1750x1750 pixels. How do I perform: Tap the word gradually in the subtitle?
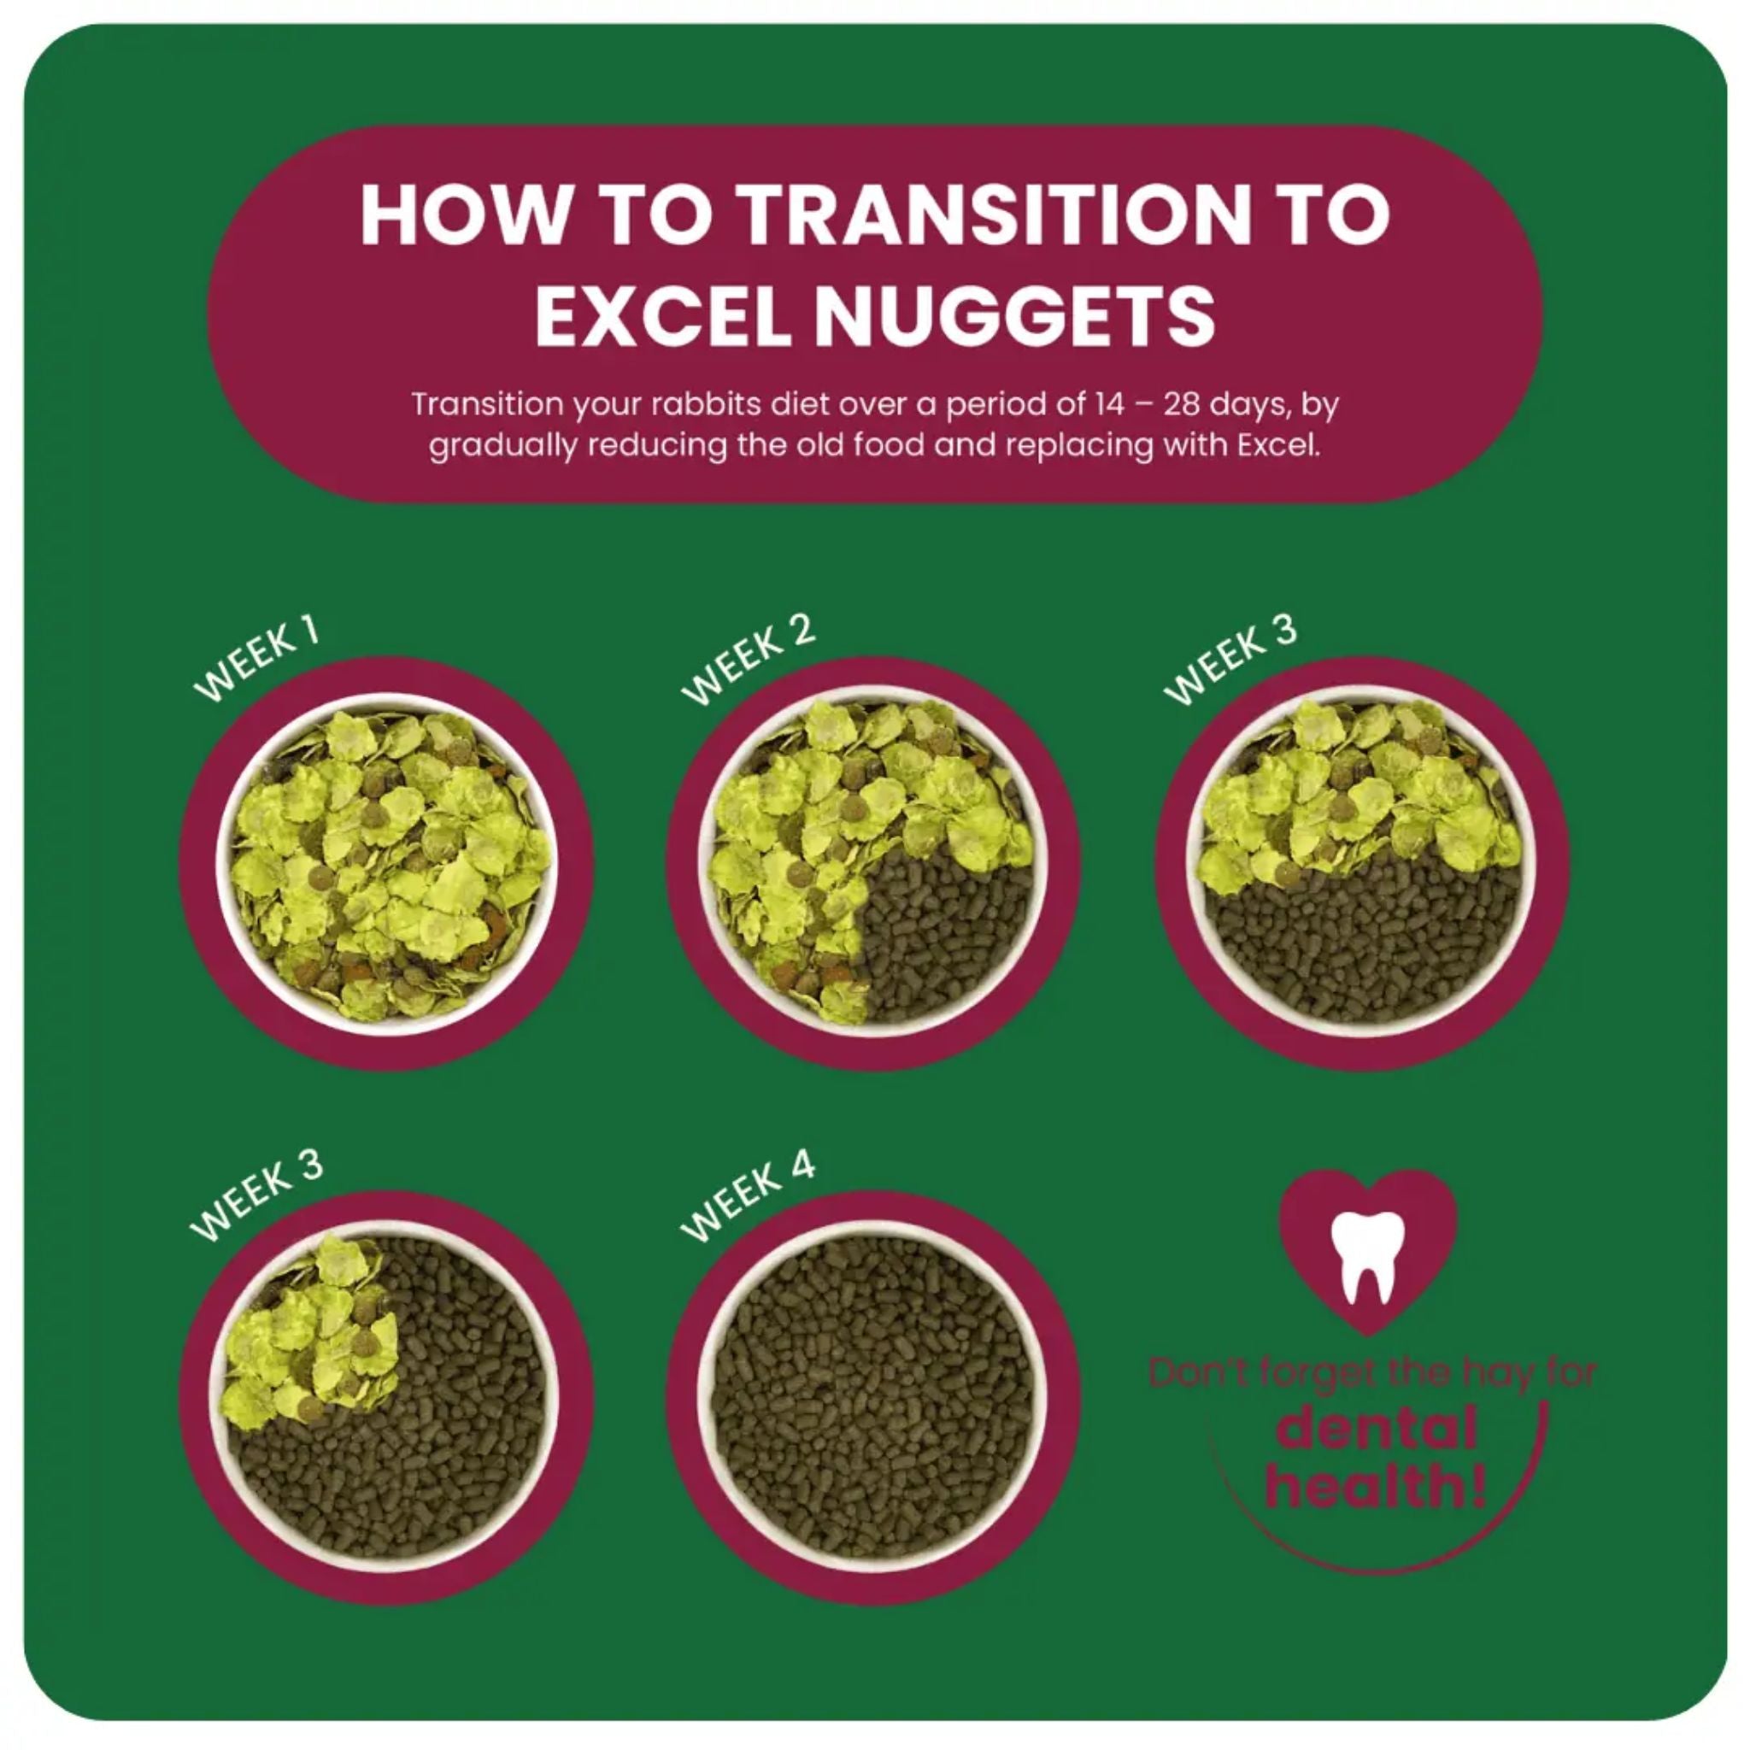click(502, 446)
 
